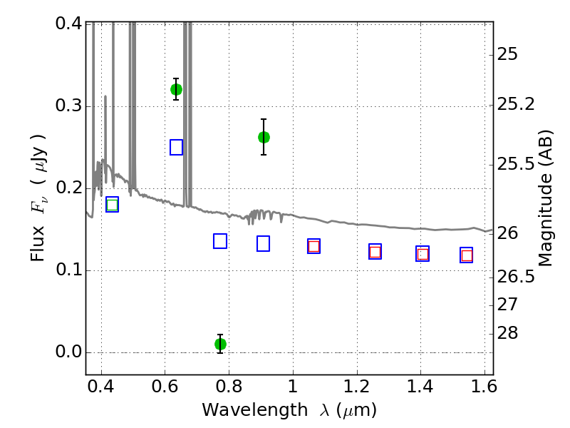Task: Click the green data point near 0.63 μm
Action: pyautogui.click(x=176, y=90)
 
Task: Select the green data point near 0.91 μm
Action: pyautogui.click(x=264, y=137)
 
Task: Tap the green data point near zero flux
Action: pyautogui.click(x=220, y=344)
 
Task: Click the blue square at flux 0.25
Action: pyautogui.click(x=176, y=147)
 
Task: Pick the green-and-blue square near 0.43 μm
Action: pyautogui.click(x=113, y=205)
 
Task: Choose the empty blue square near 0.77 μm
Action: pyautogui.click(x=220, y=241)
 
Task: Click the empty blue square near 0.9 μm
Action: pyautogui.click(x=263, y=243)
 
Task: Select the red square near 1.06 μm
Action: pyautogui.click(x=313, y=246)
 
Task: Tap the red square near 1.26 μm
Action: pyautogui.click(x=375, y=252)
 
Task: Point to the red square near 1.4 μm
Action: pyautogui.click(x=423, y=254)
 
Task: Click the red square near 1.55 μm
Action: pyautogui.click(x=467, y=255)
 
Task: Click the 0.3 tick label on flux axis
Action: pyautogui.click(x=68, y=106)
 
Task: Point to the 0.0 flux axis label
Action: pyautogui.click(x=68, y=352)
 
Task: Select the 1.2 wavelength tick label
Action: pyautogui.click(x=357, y=386)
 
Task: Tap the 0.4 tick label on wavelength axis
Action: pyautogui.click(x=100, y=386)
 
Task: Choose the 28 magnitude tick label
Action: pyautogui.click(x=507, y=333)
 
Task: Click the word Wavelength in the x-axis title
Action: pyautogui.click(x=255, y=410)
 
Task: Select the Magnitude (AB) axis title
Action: pyautogui.click(x=544, y=198)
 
